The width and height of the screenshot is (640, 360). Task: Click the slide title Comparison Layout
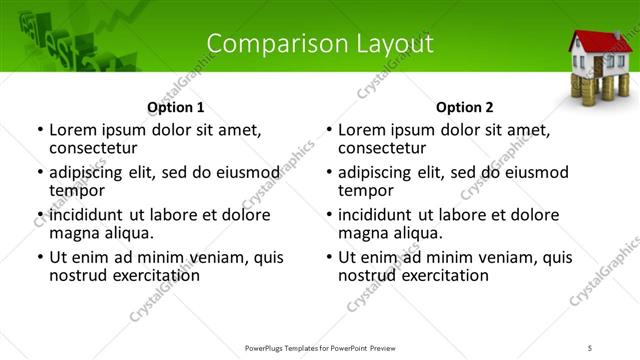tap(320, 44)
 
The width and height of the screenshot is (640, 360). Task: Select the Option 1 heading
tap(175, 107)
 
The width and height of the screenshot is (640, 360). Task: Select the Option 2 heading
tap(464, 107)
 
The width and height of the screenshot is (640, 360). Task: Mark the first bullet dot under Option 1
tap(40, 130)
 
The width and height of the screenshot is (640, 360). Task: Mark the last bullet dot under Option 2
tap(329, 257)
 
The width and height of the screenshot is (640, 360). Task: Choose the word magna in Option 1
tap(73, 233)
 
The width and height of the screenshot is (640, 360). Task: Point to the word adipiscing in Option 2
tap(380, 172)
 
